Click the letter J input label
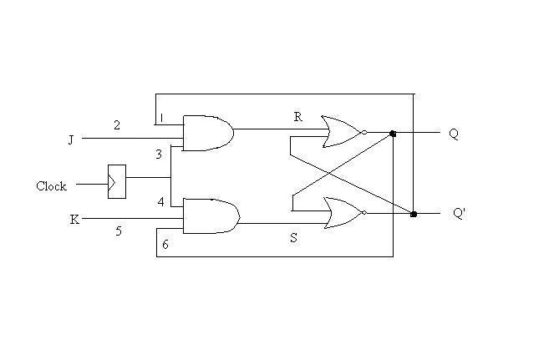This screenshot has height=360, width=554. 71,139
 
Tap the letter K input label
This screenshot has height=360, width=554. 74,220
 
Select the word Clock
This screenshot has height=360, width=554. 51,186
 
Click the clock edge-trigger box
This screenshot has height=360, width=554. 117,181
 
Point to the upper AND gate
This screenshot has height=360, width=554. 208,133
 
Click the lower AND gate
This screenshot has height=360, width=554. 211,215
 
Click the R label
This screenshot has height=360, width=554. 297,117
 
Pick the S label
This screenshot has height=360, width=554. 293,238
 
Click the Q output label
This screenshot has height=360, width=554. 454,134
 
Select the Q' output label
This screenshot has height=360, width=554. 459,213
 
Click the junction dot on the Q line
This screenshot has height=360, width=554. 393,134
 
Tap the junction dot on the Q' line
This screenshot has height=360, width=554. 414,214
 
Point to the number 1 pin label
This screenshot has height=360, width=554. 161,118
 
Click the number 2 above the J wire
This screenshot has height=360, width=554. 117,125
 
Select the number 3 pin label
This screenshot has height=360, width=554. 159,155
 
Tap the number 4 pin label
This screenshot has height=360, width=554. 160,202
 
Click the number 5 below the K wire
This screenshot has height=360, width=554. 119,231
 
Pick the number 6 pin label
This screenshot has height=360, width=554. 165,244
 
